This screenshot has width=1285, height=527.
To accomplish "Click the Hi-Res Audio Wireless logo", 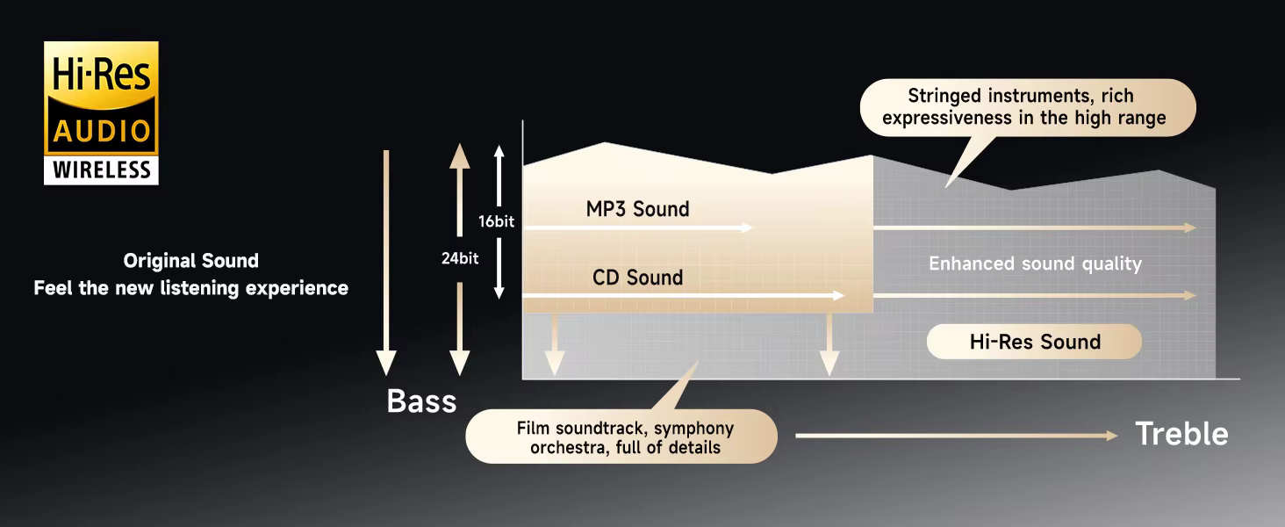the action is [x=101, y=113].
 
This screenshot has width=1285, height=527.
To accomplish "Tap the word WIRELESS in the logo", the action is [x=102, y=170].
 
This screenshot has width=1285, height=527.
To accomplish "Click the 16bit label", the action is [x=496, y=221].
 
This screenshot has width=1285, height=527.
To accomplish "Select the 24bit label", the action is [x=460, y=258].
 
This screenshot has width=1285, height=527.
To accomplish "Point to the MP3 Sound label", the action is [x=637, y=209].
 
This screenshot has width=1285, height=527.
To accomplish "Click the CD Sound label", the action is [x=637, y=278].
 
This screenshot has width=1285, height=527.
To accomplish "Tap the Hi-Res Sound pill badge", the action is [x=1034, y=342].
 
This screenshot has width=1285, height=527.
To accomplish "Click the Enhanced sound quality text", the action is [x=1035, y=263].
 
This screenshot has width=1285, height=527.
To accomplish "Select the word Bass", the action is [x=421, y=401].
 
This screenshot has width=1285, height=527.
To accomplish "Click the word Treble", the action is [x=1181, y=433].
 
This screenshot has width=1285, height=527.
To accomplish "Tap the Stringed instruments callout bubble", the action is [x=1028, y=108].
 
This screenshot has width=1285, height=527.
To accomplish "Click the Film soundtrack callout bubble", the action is [x=621, y=437].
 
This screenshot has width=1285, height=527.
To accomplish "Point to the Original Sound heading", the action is [x=191, y=261].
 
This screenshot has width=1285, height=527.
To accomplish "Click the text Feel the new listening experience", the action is [x=191, y=288].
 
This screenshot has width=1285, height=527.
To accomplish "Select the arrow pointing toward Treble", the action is [x=957, y=436].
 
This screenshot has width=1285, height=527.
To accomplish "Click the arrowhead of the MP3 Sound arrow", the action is [x=747, y=227].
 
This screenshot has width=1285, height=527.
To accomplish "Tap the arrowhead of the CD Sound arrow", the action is [x=839, y=296].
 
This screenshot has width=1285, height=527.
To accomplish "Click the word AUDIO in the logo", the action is [x=102, y=132].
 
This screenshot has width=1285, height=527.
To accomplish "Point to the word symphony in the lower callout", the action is [x=693, y=429].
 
